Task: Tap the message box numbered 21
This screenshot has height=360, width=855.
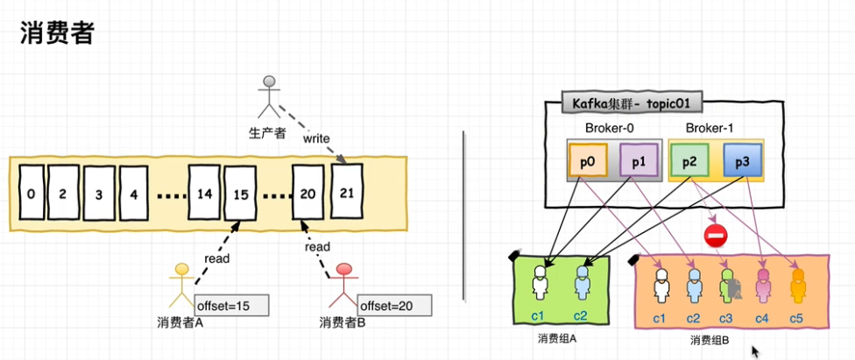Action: point(346,191)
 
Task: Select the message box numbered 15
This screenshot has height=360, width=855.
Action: point(241,191)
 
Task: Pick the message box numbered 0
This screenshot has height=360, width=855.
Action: point(31,191)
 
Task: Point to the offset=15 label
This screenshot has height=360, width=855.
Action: point(231,305)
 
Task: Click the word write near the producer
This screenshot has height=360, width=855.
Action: point(316,138)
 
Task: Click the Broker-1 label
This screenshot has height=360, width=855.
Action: point(710,128)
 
